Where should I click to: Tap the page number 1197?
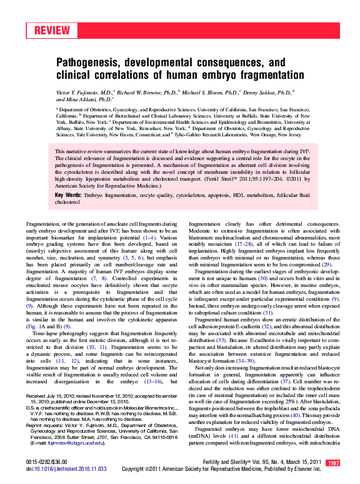(x=333, y=463)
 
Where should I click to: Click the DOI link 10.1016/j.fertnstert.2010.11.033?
(x=66, y=468)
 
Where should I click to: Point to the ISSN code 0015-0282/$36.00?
(x=46, y=461)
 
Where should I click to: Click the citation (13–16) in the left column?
(x=155, y=380)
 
